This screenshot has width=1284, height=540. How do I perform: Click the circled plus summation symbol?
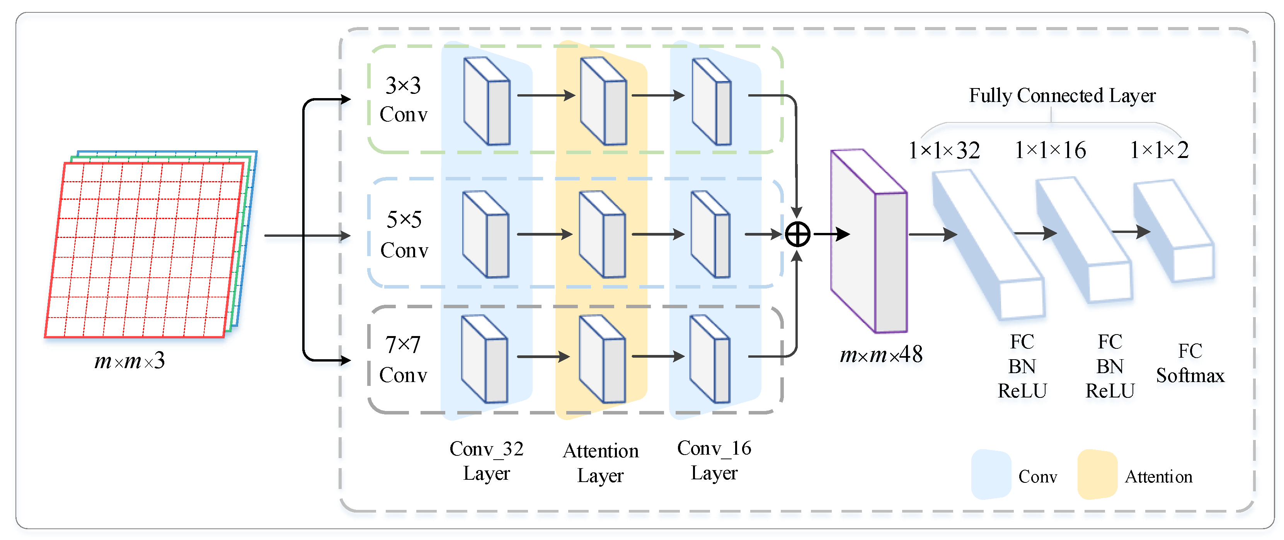(x=797, y=234)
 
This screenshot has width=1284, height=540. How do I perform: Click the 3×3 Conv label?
(x=403, y=100)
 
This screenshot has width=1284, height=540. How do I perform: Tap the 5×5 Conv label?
(x=404, y=234)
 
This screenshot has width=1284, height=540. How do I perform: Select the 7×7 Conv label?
(x=403, y=360)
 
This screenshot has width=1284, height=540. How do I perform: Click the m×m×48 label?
(x=881, y=355)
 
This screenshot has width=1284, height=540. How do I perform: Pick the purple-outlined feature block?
(x=868, y=241)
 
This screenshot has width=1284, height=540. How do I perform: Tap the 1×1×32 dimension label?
(x=944, y=150)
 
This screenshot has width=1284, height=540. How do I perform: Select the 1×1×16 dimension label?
(x=1050, y=150)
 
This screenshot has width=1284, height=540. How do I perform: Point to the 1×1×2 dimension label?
(x=1159, y=150)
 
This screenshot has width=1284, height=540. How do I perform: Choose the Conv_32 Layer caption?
(x=487, y=461)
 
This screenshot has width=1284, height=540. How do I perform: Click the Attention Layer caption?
(x=601, y=463)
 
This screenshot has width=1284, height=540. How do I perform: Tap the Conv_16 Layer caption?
(x=714, y=460)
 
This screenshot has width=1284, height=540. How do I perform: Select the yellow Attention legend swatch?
(x=1097, y=474)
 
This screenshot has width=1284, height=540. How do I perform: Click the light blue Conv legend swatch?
(x=990, y=474)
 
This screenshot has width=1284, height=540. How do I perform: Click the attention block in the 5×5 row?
(x=602, y=234)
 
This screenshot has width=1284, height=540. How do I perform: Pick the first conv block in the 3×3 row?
(x=487, y=101)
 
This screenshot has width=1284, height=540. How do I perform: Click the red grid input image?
(x=145, y=249)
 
